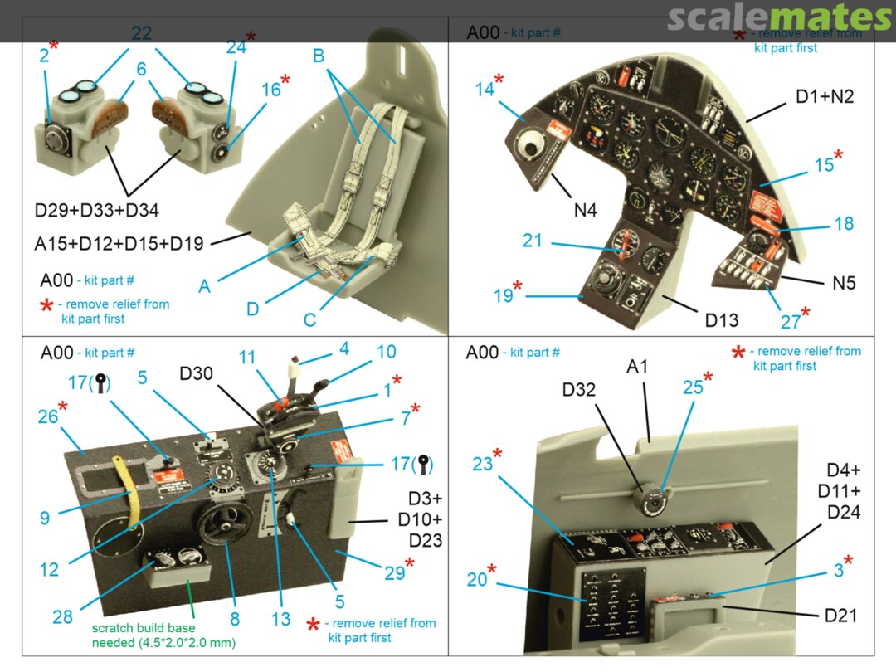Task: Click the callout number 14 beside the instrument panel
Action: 486,89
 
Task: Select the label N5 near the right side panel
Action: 844,283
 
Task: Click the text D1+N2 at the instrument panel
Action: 825,96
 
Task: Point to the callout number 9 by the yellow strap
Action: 44,518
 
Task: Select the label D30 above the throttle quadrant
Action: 197,375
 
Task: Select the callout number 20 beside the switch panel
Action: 477,580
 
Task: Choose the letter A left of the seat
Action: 204,286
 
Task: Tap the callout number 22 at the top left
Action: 141,33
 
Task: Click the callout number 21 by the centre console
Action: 532,241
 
